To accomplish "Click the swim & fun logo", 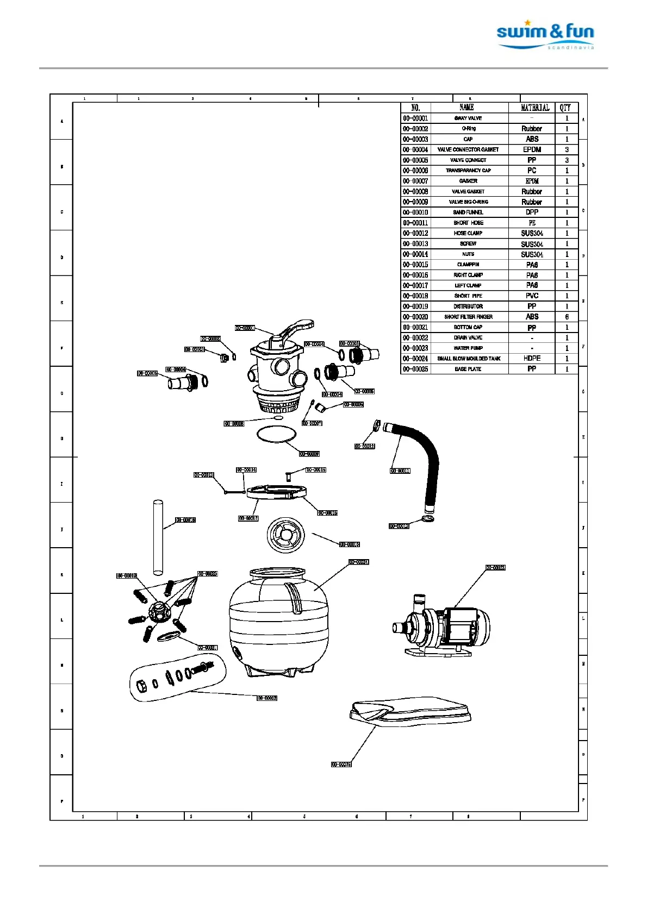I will point(545,35).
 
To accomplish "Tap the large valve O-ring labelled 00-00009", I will point(276,434).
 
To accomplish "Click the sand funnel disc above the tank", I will point(286,535).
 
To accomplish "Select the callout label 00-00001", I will point(245,328).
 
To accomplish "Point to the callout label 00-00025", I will point(341,764).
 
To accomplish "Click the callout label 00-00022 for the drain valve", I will point(267,698).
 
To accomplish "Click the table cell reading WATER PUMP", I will point(468,348).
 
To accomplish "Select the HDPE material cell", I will point(532,359).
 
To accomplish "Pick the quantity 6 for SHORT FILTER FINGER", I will point(567,317).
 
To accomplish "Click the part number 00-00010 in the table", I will point(415,212).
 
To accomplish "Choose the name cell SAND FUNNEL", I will point(468,212).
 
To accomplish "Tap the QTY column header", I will point(565,108).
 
